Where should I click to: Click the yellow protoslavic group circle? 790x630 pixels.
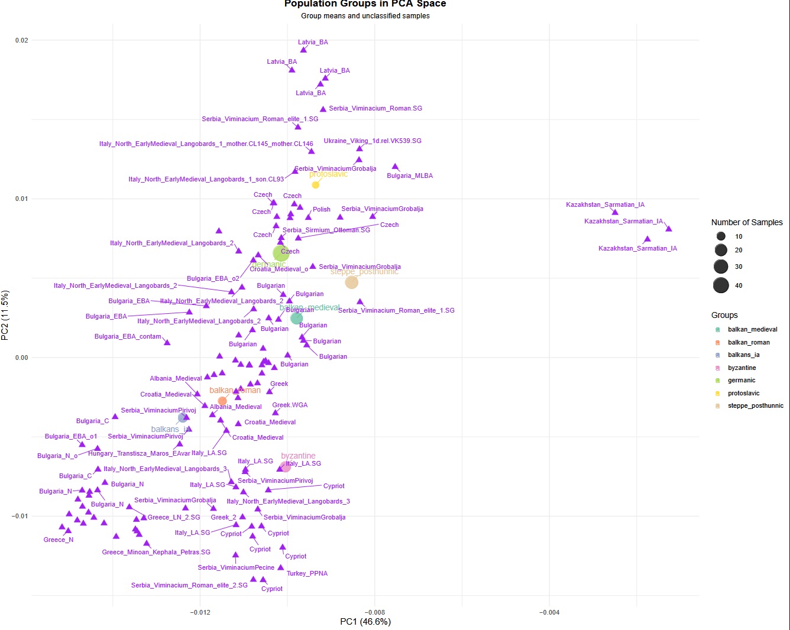316,185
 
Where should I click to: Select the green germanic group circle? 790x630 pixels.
281,254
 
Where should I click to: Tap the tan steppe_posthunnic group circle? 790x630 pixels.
352,282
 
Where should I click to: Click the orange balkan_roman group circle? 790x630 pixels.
222,401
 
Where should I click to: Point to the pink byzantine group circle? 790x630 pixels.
286,467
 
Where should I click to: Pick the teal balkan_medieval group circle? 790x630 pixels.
297,319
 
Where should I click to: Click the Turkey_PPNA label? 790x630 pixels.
307,573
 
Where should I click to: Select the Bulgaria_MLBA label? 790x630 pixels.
410,176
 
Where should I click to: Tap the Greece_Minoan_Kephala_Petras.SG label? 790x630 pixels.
156,552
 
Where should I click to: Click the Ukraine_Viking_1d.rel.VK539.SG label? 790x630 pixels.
373,141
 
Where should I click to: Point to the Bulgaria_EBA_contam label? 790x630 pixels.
128,337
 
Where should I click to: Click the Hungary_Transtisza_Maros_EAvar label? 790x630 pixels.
139,453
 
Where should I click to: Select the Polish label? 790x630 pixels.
322,209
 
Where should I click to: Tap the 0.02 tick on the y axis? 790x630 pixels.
21,40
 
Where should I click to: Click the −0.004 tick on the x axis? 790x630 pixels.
549,612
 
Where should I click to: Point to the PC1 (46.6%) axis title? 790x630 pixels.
365,622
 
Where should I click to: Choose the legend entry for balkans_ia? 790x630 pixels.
743,355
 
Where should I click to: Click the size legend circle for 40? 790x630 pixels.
721,285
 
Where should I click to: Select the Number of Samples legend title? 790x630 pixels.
747,222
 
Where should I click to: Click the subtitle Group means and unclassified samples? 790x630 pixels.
365,16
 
